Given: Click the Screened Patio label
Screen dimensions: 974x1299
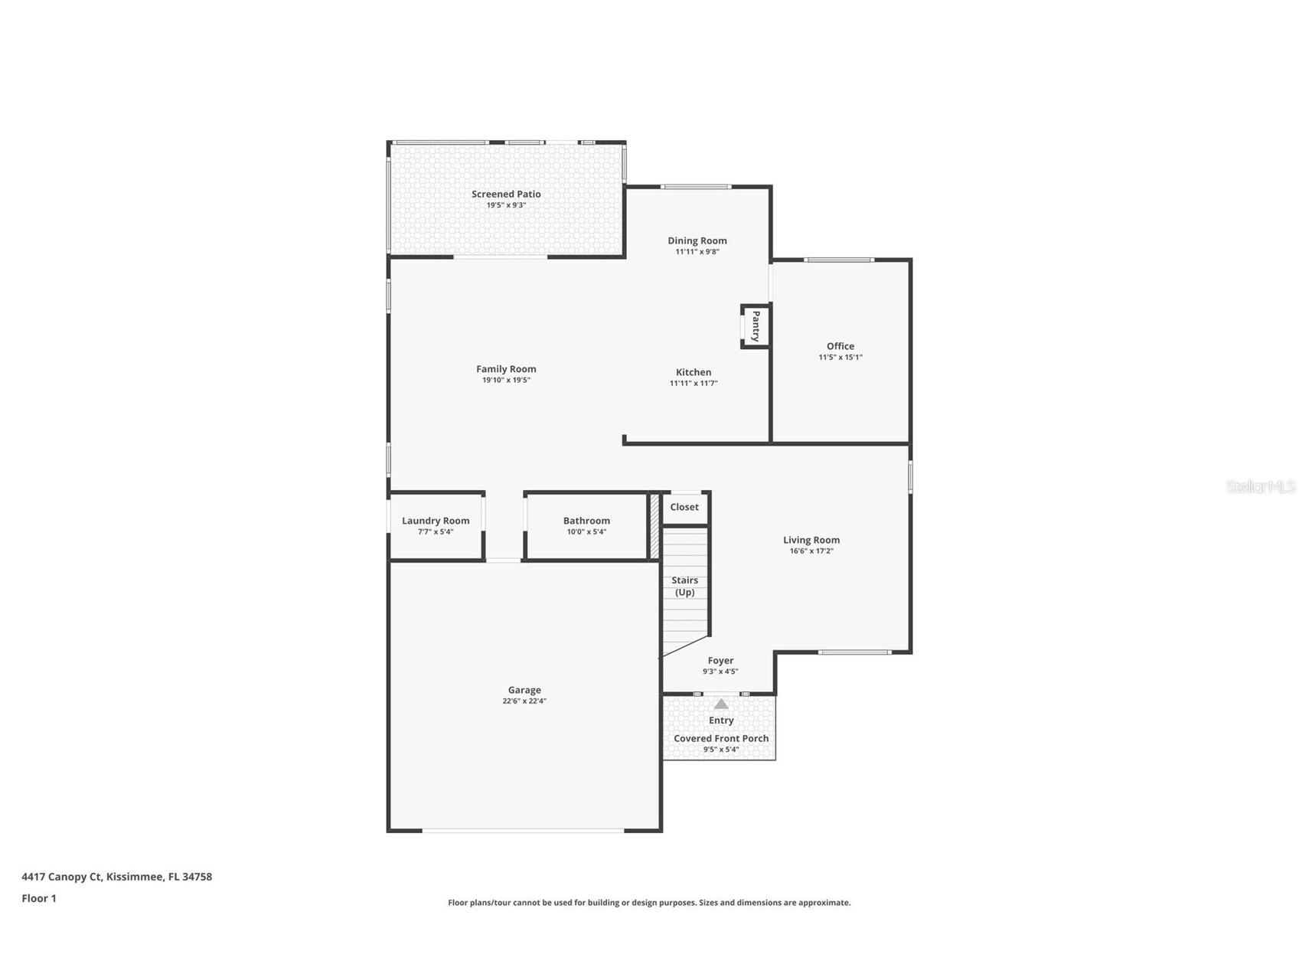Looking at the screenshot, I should point(506,194).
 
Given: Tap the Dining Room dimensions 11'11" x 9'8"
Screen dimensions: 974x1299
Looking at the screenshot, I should point(697,252).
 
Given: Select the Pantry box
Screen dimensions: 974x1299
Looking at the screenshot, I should point(756,326).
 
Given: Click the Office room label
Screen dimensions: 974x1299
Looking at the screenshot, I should point(840,346).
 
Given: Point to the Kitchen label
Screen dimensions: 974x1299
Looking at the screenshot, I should point(693,372).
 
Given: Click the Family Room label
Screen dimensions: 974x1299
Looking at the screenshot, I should point(506,369).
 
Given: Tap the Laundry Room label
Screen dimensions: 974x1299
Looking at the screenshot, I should point(436,521).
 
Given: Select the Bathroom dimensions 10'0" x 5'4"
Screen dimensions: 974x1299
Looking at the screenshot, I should point(586,532).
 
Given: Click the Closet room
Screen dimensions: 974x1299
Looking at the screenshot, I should point(684,507).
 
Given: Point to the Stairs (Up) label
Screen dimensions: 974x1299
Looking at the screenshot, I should point(684,586).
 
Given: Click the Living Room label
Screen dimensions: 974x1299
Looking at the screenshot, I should point(811,540).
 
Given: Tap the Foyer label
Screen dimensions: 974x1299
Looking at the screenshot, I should point(720,660).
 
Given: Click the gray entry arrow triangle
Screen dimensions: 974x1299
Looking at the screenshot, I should point(721,704).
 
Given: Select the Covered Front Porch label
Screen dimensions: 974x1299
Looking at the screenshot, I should point(720,739).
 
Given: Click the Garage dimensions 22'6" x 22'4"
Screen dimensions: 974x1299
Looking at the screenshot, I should point(524,701).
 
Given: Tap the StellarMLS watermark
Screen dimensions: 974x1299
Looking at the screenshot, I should point(1260,486).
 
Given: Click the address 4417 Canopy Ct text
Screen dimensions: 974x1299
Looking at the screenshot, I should point(116,877).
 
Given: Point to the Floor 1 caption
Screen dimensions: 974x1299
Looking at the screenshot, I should point(39,898).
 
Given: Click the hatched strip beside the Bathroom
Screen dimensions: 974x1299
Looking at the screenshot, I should point(654,527).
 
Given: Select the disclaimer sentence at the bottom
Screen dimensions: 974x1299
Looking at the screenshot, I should point(649,903).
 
